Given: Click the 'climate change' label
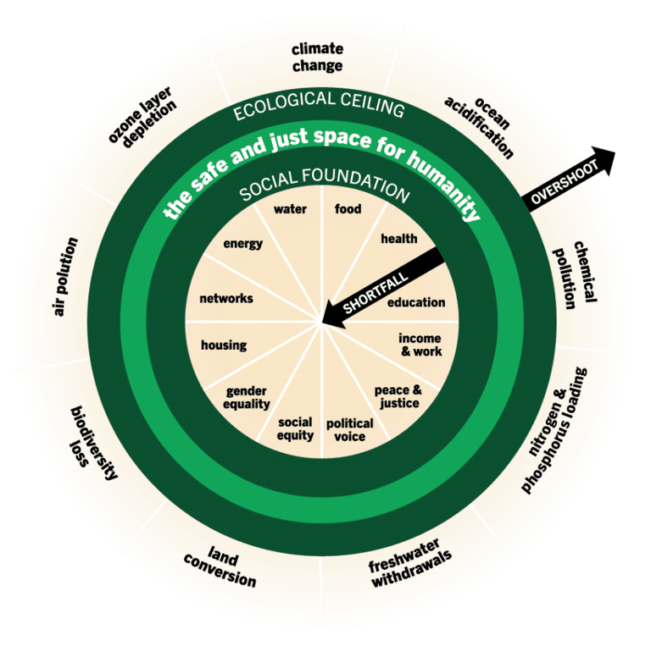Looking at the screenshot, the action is [317, 58].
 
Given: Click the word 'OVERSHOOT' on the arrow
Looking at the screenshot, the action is [564, 181].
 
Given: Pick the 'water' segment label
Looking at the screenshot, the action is [290, 209].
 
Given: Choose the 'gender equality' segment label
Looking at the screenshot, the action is [247, 397].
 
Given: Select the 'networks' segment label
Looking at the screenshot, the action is [226, 299].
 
